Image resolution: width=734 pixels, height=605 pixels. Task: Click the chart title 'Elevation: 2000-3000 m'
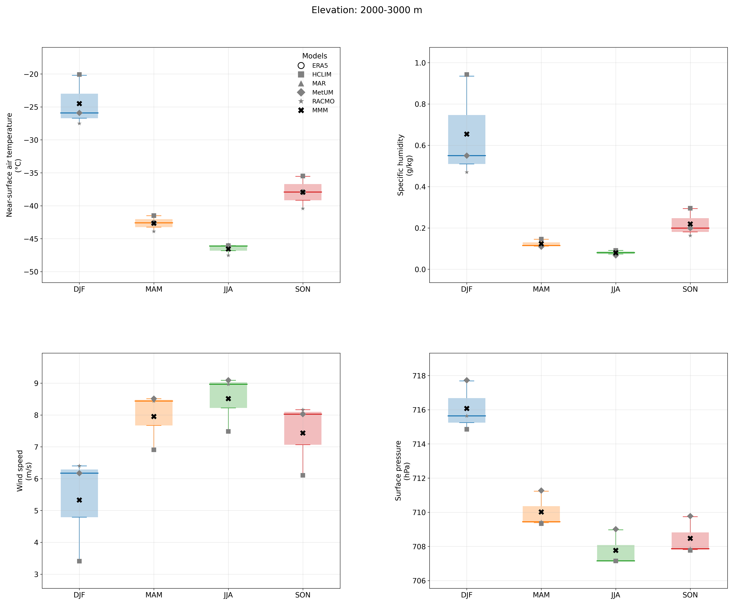[x=367, y=10]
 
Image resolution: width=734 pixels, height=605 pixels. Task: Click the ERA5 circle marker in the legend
[x=301, y=66]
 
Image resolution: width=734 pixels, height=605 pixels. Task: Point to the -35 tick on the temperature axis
[x=31, y=173]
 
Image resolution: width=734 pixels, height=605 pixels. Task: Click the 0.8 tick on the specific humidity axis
[x=420, y=104]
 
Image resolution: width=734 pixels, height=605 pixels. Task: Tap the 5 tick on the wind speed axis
[x=37, y=510]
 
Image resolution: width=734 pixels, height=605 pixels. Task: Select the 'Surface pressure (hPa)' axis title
[x=402, y=470]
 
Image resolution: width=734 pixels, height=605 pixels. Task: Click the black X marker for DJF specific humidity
[x=467, y=134]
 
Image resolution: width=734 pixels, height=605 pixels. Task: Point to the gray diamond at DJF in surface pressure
[x=467, y=380]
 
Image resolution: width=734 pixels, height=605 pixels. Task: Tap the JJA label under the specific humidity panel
[x=616, y=289]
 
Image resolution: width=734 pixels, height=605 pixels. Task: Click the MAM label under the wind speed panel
[x=154, y=595]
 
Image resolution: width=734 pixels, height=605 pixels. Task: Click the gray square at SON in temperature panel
[x=303, y=176]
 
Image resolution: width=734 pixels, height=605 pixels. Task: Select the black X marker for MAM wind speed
[x=154, y=416]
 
